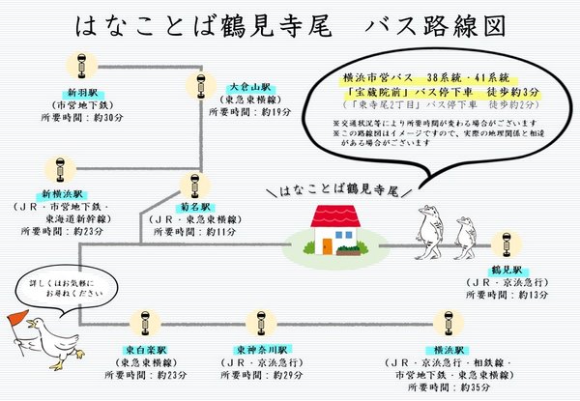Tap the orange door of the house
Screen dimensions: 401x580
[x=328, y=245]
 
